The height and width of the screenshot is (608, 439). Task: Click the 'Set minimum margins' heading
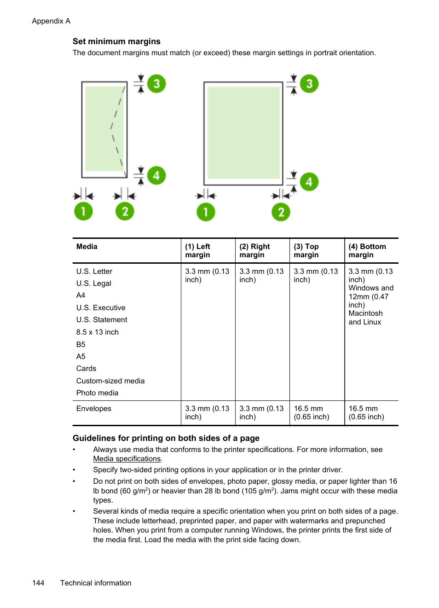(116, 41)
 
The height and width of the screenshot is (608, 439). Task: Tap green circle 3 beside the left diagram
(156, 84)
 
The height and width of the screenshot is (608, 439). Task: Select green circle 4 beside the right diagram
(309, 182)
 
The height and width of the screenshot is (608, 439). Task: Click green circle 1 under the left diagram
(83, 212)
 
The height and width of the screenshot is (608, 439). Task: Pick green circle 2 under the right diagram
(281, 212)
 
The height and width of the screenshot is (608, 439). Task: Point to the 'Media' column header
(87, 247)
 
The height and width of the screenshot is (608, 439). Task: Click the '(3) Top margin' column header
(306, 251)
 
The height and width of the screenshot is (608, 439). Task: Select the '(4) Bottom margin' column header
(367, 251)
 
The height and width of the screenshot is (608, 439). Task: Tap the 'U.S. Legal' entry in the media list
(94, 284)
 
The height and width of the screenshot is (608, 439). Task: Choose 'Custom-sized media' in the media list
(110, 381)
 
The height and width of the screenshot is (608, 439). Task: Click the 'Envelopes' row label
(94, 409)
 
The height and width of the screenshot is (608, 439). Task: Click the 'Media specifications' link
(127, 459)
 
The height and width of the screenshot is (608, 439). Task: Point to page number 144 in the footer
(38, 583)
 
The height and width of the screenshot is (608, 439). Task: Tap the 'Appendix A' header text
(51, 21)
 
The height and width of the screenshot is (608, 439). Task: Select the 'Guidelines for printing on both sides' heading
(166, 438)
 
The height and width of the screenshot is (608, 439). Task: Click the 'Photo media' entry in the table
(97, 393)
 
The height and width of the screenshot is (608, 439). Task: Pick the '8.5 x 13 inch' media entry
(98, 332)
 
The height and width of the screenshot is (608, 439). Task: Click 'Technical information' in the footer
(96, 583)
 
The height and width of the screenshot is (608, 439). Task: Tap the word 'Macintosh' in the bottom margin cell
(365, 313)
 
